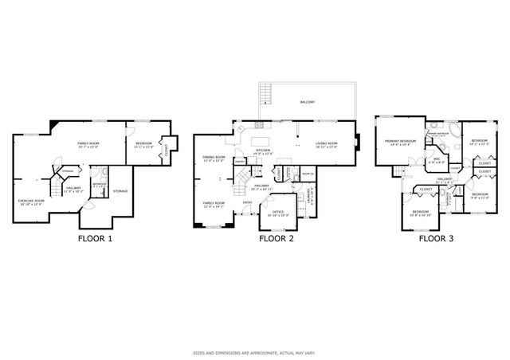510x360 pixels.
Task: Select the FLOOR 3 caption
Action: click(437, 237)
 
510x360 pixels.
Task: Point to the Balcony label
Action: click(307, 102)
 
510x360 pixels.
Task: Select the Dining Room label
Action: click(214, 158)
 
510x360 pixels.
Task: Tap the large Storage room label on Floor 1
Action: click(120, 191)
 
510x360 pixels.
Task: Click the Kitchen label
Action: click(263, 151)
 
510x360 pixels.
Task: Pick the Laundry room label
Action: click(309, 194)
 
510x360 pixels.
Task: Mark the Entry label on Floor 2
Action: click(248, 202)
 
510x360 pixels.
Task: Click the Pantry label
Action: click(238, 162)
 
